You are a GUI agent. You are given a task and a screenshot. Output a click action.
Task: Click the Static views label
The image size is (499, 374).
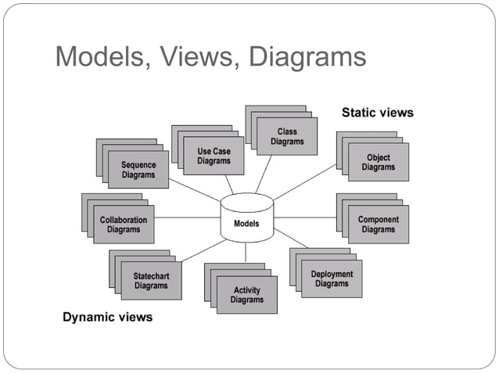[x=377, y=113]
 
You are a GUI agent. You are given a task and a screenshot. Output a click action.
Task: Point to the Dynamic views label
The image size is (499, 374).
[x=107, y=317]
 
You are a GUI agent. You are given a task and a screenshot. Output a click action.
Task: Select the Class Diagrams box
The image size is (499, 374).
[x=287, y=137]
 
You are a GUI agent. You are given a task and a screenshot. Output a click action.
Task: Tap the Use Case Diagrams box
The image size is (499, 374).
[x=214, y=156]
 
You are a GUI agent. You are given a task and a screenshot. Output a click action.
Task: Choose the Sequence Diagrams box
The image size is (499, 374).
[x=138, y=170]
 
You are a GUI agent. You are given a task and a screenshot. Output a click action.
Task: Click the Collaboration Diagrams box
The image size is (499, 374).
[x=124, y=225]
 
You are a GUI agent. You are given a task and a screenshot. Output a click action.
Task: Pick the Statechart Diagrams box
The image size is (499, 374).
[x=151, y=281]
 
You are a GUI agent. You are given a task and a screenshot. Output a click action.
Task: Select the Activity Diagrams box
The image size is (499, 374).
[x=246, y=295]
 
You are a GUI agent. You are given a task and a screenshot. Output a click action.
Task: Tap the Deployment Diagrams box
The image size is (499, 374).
[x=332, y=279]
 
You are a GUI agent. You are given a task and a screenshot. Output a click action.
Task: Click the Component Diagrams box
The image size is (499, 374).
[x=378, y=225]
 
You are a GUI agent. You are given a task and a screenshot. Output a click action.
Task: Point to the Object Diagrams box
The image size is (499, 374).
[x=378, y=163]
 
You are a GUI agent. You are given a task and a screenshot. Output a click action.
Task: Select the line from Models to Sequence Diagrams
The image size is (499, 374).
[x=192, y=189]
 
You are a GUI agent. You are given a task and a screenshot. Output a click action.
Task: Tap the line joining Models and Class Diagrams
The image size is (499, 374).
[x=263, y=174]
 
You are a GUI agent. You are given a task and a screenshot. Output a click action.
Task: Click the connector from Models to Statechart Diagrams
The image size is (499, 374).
[x=203, y=250]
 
